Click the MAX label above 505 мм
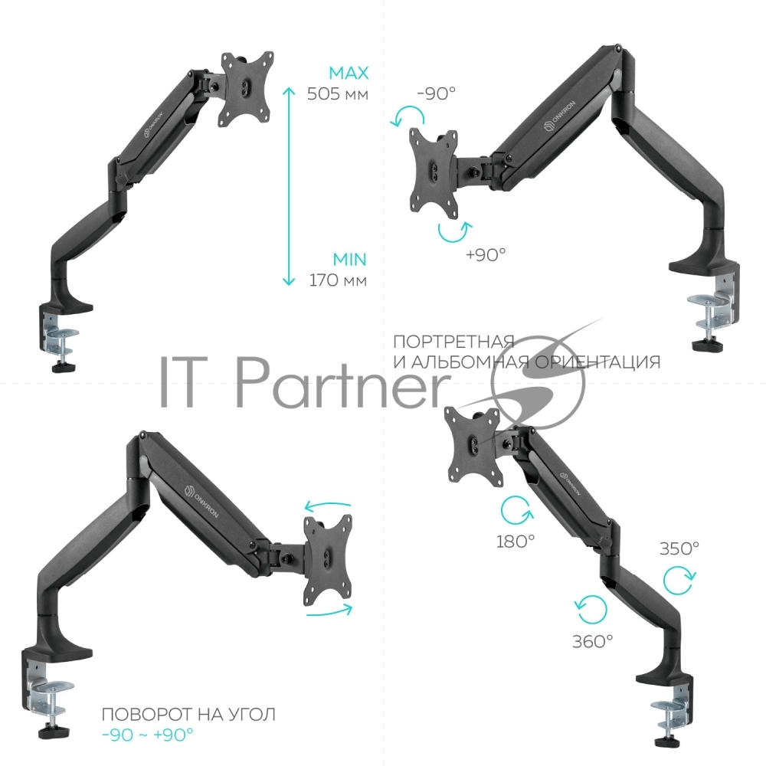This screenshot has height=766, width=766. click(349, 74)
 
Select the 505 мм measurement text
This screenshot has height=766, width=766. click(338, 93)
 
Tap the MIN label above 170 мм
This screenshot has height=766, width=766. click(350, 260)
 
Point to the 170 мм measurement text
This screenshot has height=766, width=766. click(338, 280)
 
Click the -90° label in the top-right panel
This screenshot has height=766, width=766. click(437, 93)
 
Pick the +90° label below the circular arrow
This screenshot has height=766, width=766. click(486, 254)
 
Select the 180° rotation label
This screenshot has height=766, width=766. click(516, 542)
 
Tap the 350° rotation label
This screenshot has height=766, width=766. click(679, 548)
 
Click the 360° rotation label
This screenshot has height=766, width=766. click(593, 641)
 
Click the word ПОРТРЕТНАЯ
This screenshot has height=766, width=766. click(453, 342)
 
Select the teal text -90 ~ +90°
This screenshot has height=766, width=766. click(148, 735)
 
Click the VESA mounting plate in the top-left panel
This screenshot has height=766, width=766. click(247, 88)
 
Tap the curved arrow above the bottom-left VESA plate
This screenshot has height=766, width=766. click(328, 504)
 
